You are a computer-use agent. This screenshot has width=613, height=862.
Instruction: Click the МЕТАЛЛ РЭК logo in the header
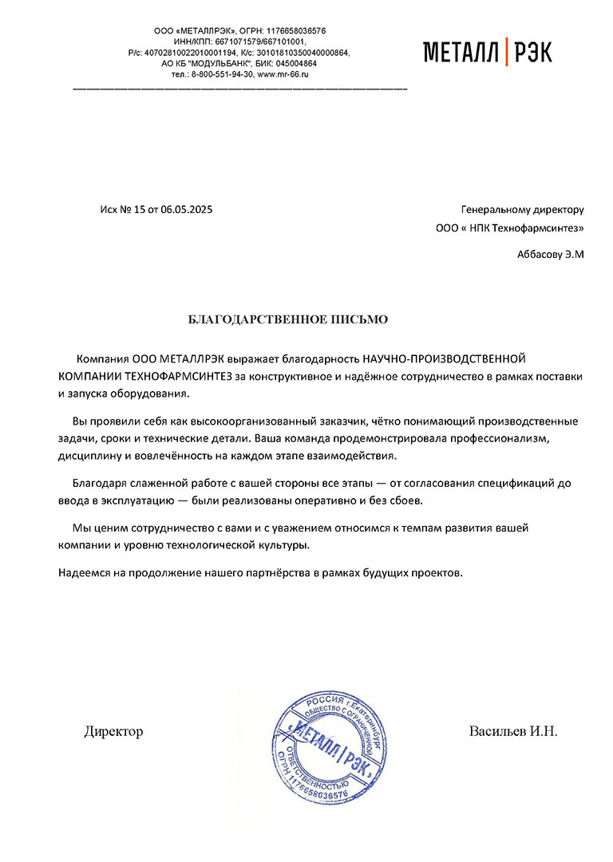(x=487, y=52)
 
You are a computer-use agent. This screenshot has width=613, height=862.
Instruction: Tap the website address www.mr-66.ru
(x=283, y=73)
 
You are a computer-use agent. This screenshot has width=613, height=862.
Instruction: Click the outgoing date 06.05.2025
(x=187, y=210)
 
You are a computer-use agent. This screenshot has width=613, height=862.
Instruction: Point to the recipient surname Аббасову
(x=540, y=255)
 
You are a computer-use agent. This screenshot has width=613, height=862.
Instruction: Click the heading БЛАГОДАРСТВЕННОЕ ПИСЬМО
(x=287, y=320)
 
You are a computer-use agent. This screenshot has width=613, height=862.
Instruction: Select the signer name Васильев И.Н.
(x=513, y=731)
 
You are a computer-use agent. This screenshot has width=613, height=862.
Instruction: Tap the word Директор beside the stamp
(x=113, y=731)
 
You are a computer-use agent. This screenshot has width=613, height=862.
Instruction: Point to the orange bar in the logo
(x=507, y=52)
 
